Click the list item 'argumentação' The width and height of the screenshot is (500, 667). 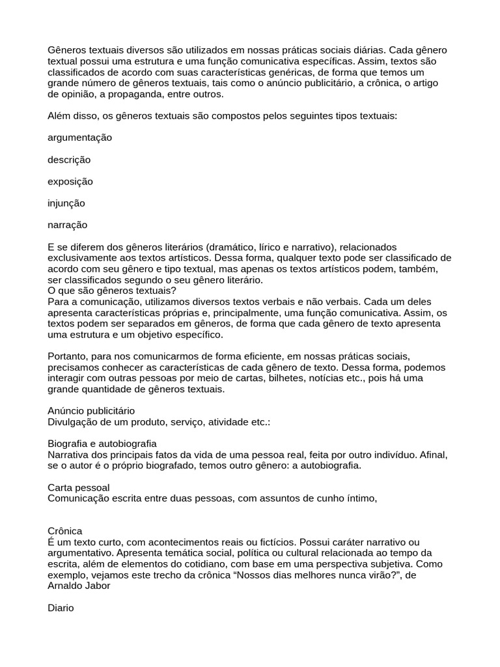click(x=80, y=137)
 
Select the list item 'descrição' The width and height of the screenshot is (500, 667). click(x=69, y=160)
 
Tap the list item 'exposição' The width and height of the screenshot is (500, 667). click(x=70, y=181)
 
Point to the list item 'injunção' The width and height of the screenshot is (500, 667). click(x=66, y=203)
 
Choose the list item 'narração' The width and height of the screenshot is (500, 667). click(x=68, y=225)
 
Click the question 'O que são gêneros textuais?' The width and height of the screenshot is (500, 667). click(x=112, y=291)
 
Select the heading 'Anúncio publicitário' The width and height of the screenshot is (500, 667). click(x=91, y=411)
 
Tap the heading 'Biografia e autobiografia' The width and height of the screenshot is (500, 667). click(x=102, y=444)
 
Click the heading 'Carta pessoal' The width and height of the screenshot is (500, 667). click(x=79, y=487)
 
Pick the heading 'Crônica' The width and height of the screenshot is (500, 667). click(x=65, y=532)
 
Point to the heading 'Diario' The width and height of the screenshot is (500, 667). click(x=61, y=608)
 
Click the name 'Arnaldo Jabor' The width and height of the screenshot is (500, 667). click(x=78, y=586)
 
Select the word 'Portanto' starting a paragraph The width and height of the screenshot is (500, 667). click(x=67, y=356)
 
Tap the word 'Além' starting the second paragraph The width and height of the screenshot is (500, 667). click(x=61, y=115)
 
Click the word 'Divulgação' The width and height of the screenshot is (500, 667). click(x=73, y=422)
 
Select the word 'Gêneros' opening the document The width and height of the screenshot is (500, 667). click(x=67, y=50)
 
